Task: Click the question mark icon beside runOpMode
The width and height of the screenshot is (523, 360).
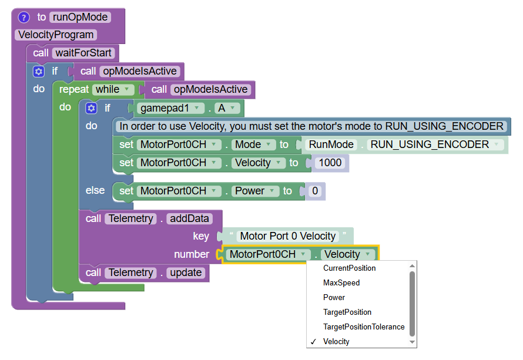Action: pyautogui.click(x=24, y=17)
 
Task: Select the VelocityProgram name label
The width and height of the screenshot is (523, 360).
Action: pyautogui.click(x=56, y=35)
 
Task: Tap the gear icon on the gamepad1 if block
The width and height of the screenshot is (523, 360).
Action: pyautogui.click(x=91, y=108)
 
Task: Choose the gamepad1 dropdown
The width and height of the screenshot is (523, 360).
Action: pyautogui.click(x=170, y=108)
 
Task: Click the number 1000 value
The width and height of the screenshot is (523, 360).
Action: pyautogui.click(x=330, y=163)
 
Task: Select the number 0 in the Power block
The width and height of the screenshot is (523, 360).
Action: pyautogui.click(x=315, y=191)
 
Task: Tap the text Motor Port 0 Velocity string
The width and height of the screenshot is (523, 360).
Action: pyautogui.click(x=288, y=236)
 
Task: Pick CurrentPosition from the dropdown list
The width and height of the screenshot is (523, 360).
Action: pyautogui.click(x=349, y=268)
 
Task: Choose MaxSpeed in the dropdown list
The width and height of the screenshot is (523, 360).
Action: pyautogui.click(x=341, y=282)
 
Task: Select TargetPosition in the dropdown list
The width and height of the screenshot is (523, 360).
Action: pyautogui.click(x=347, y=312)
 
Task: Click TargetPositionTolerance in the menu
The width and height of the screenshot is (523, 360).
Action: pyautogui.click(x=363, y=327)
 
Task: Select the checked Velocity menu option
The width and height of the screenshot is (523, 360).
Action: pyautogui.click(x=336, y=341)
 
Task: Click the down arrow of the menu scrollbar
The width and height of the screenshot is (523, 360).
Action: pyautogui.click(x=413, y=342)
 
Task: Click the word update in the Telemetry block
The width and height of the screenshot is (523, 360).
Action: pyautogui.click(x=186, y=272)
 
